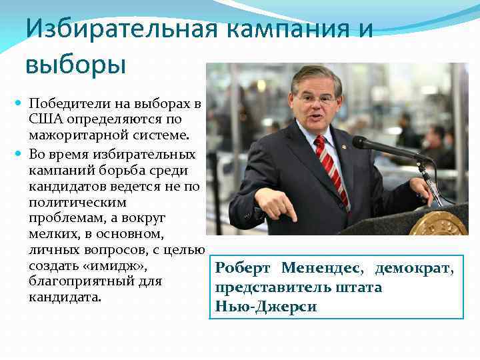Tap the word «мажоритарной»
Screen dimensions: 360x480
(73, 137)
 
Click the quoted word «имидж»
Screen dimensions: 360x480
(107, 265)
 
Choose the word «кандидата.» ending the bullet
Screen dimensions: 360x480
(65, 297)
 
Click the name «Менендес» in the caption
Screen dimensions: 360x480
(320, 269)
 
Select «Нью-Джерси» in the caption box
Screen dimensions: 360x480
(266, 307)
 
